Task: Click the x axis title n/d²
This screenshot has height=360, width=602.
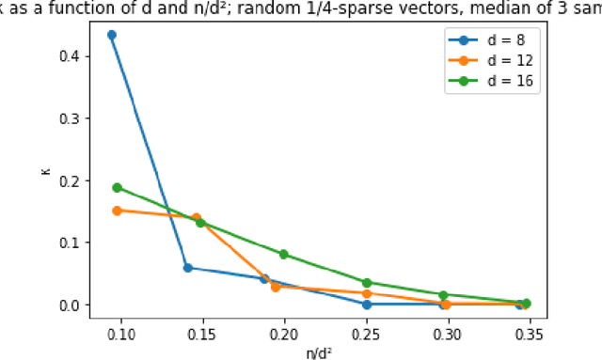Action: click(321, 352)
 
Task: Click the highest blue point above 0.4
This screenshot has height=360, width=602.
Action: click(112, 35)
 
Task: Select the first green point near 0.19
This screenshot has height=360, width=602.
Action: click(117, 187)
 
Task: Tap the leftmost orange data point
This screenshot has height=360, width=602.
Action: click(117, 211)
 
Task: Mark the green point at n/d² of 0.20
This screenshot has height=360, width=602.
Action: click(284, 254)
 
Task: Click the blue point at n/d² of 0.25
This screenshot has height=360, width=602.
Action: click(367, 304)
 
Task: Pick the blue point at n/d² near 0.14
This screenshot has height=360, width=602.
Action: click(187, 268)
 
